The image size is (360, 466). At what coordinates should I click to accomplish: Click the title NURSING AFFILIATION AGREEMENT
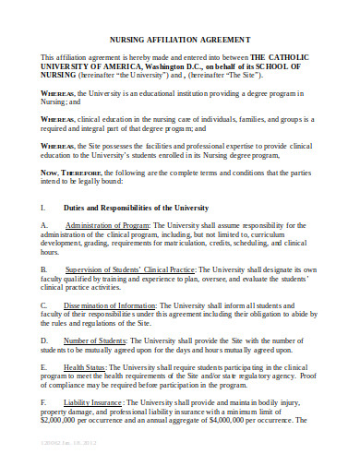coord(181,42)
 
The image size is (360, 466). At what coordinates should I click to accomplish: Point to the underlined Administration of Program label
coord(107,225)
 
